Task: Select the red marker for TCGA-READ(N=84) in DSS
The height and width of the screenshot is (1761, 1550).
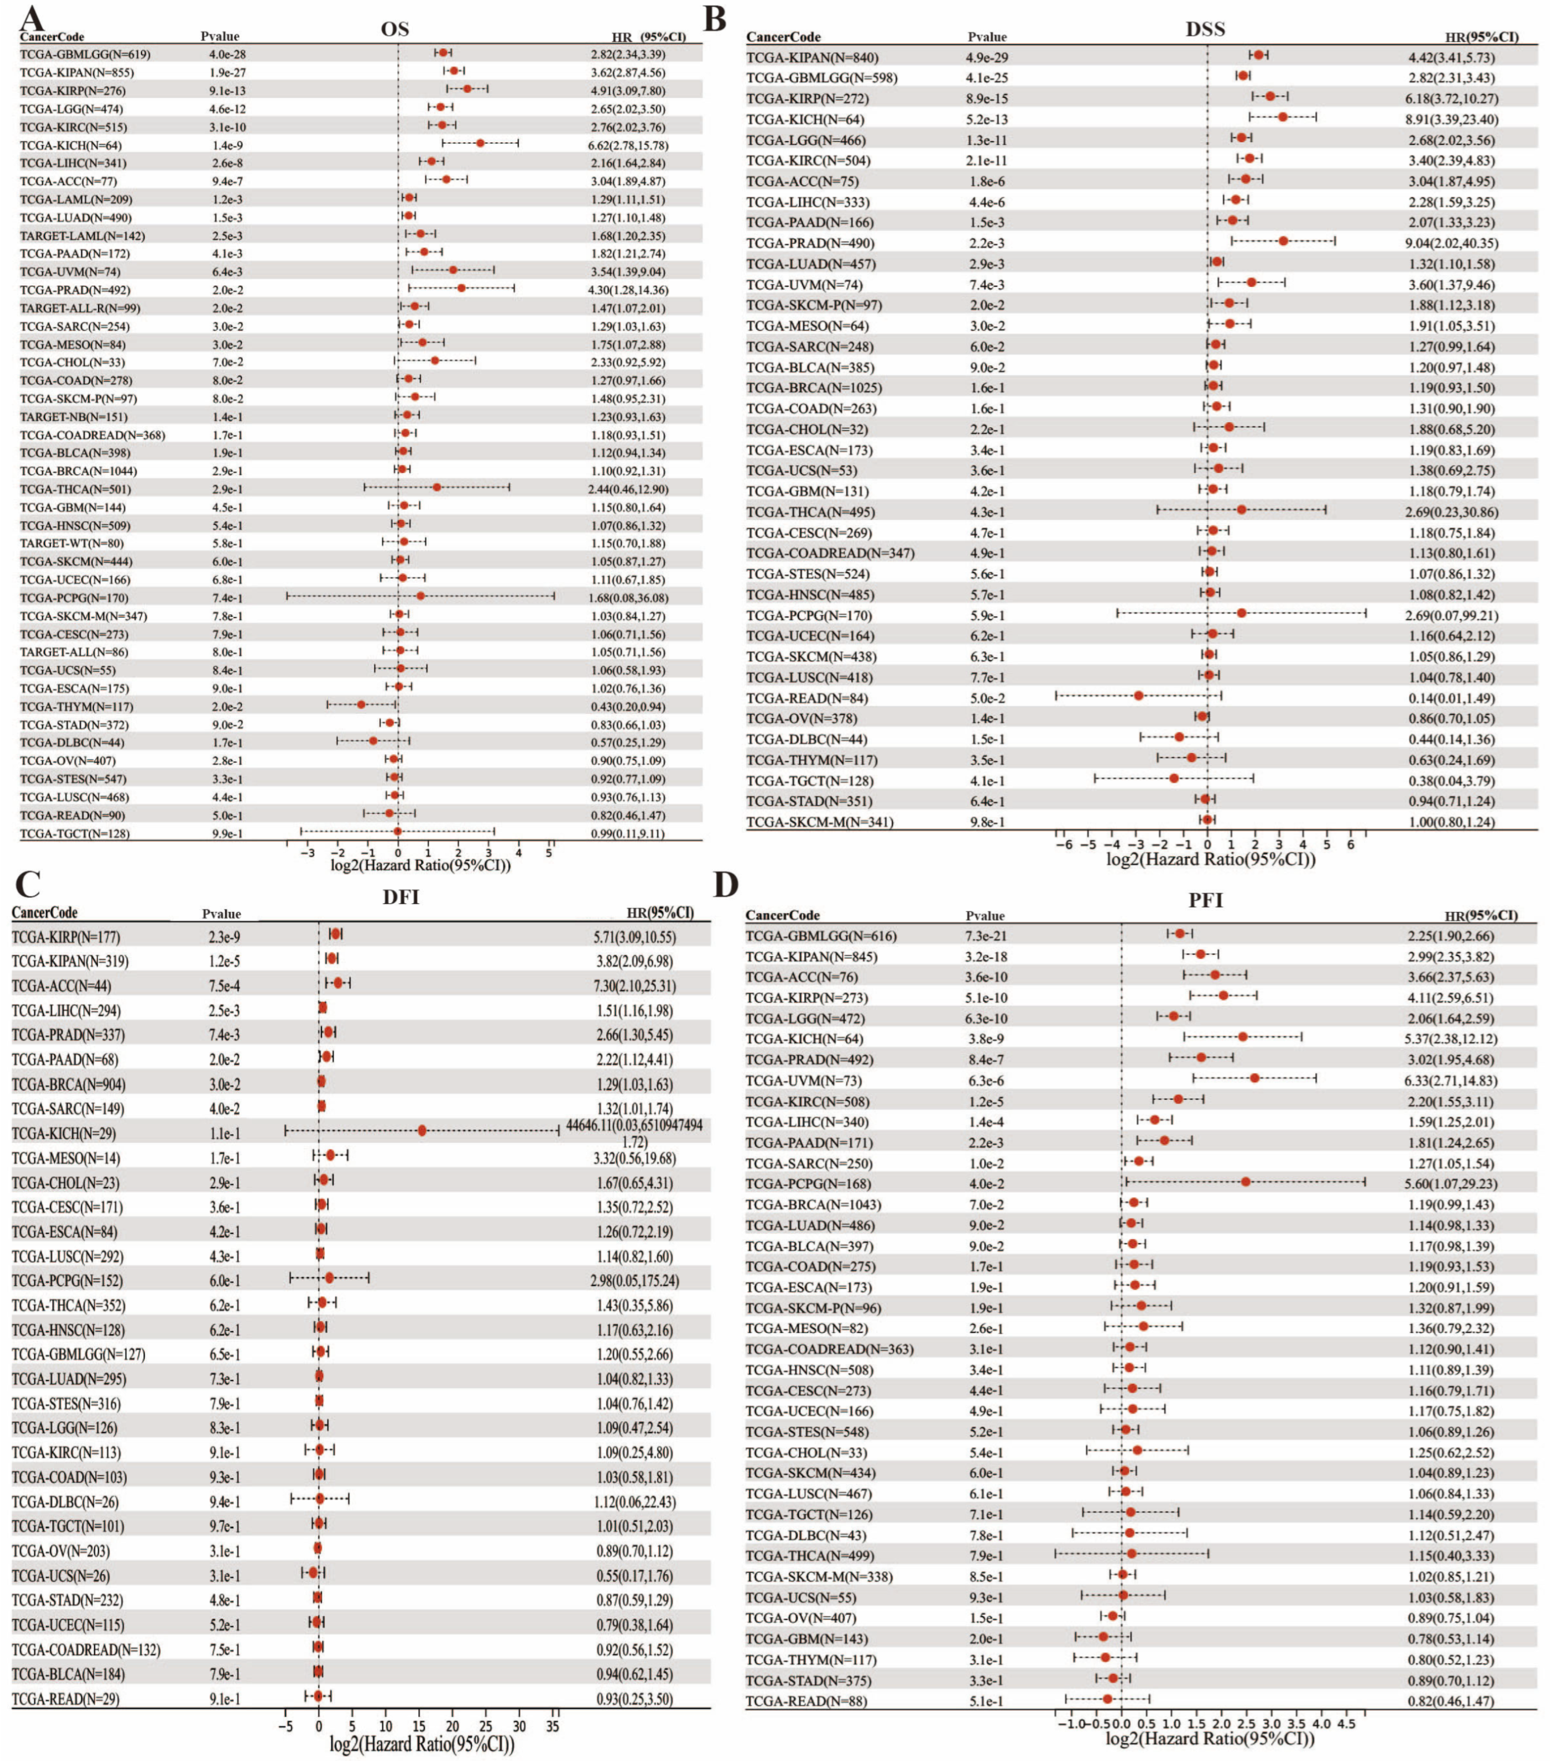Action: pos(1138,694)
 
